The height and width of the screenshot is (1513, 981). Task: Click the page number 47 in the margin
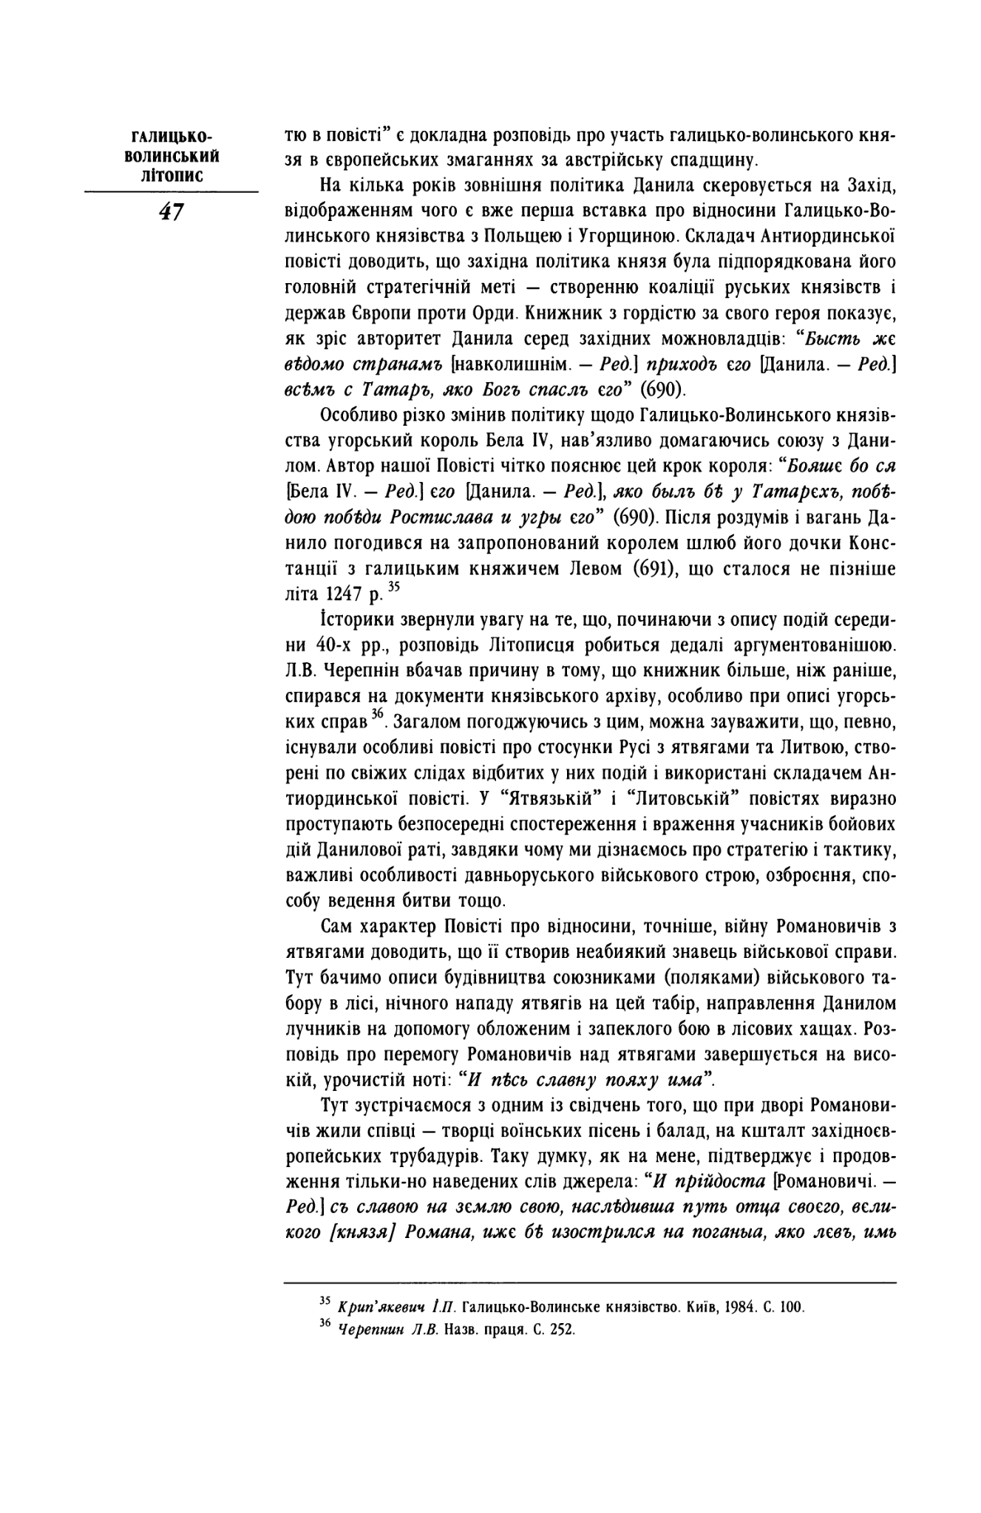tap(171, 212)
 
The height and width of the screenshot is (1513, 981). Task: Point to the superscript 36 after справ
tap(378, 713)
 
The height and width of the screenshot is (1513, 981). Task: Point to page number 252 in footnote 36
tap(563, 1329)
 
